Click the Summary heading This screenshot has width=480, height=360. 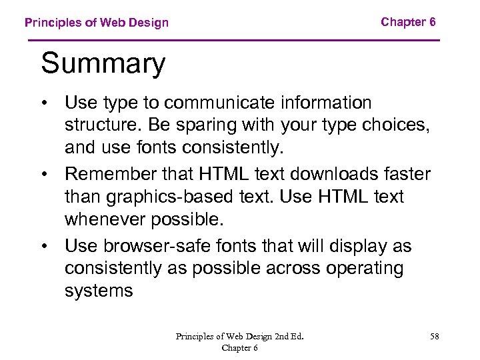click(103, 65)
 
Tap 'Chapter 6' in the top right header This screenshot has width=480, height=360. click(408, 22)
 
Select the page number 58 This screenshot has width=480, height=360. click(435, 336)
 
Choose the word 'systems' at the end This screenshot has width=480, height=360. click(99, 291)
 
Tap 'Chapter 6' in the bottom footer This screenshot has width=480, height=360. click(240, 347)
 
